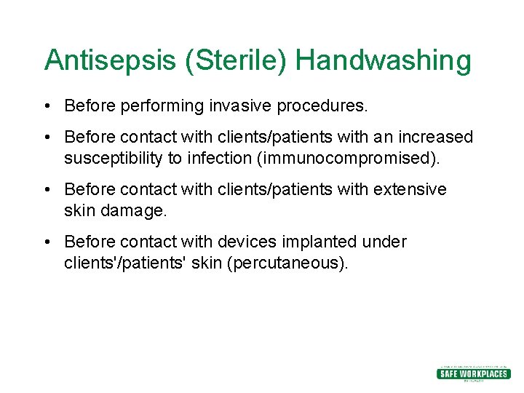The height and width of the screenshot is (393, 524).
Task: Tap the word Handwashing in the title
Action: tap(384, 60)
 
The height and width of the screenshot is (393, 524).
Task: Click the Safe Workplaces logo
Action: tap(473, 373)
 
